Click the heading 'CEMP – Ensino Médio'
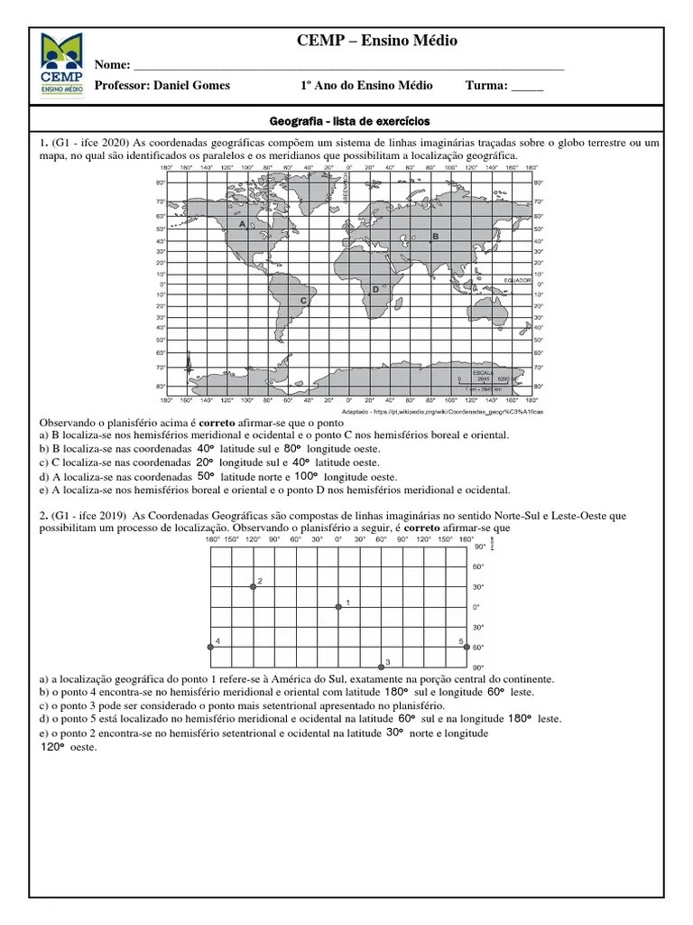tap(376, 42)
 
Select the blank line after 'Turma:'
tap(527, 87)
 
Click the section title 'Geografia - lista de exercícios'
tap(350, 120)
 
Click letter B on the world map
tap(435, 236)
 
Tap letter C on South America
tap(303, 300)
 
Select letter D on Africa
tap(374, 290)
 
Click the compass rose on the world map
tap(188, 365)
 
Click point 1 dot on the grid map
tap(338, 607)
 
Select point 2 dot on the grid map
tap(254, 586)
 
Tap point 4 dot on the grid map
tap(211, 648)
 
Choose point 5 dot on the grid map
tap(467, 648)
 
